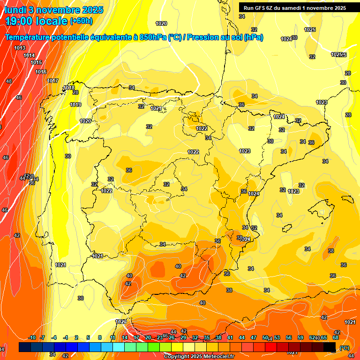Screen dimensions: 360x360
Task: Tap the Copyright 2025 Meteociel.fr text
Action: click(199, 357)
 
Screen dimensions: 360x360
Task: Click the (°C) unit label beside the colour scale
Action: click(344, 348)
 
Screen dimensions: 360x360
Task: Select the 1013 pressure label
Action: click(20, 48)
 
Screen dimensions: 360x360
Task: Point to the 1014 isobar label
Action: click(29, 55)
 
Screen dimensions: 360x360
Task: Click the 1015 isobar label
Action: click(36, 62)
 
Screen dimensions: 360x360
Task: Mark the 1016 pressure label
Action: click(41, 72)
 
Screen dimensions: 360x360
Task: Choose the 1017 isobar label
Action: click(52, 81)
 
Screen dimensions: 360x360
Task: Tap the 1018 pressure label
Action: click(69, 88)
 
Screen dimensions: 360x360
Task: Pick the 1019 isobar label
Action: click(75, 105)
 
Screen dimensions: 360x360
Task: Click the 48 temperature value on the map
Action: click(9, 81)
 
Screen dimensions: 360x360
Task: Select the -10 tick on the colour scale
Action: click(32, 337)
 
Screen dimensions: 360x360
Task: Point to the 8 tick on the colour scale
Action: click(99, 337)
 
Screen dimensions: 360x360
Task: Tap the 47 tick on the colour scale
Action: click(254, 337)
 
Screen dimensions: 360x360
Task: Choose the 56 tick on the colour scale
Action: click(289, 337)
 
